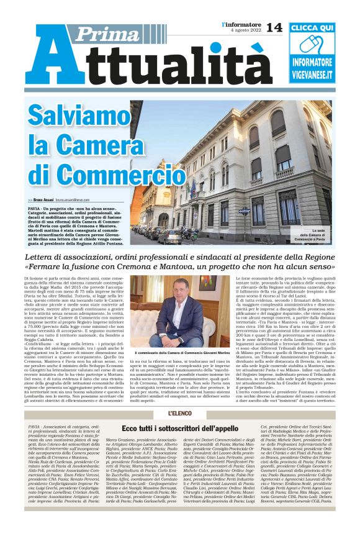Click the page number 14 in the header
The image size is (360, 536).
click(x=274, y=27)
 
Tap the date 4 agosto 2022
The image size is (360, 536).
click(x=243, y=30)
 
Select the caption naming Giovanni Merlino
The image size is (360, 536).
click(x=178, y=352)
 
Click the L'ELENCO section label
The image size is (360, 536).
click(x=179, y=412)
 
